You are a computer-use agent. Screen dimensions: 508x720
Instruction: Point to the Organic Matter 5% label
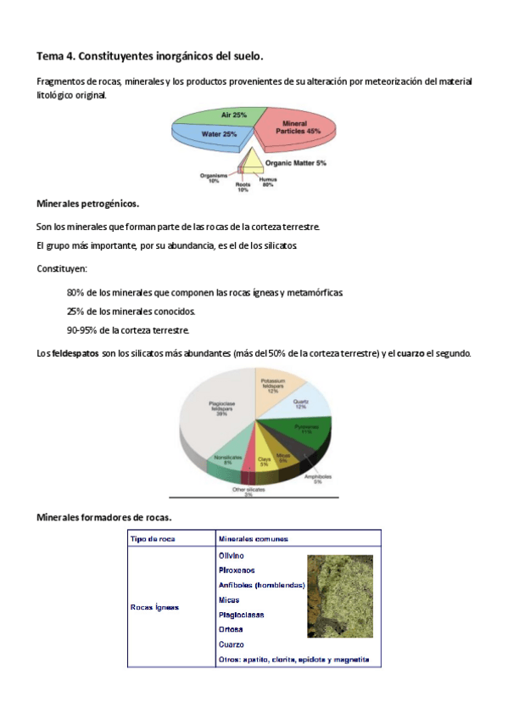(295, 162)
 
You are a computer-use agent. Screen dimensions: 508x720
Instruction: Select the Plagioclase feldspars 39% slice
(216, 412)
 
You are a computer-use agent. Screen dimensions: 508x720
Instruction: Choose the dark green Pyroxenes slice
(301, 429)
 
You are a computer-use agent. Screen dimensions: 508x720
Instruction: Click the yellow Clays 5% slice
(264, 461)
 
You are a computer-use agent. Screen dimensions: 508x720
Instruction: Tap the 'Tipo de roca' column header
(153, 538)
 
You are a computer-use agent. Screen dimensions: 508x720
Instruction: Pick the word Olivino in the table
(232, 555)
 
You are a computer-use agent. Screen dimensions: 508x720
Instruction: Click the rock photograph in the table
(339, 595)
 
